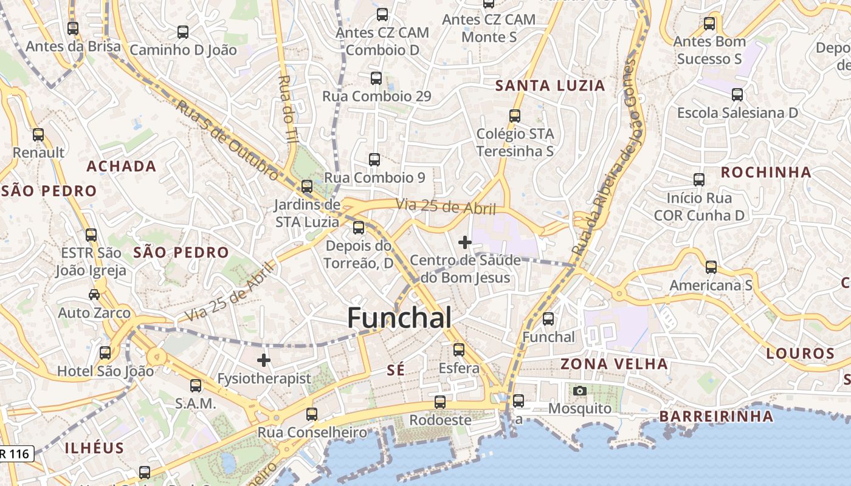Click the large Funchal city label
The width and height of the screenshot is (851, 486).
399,318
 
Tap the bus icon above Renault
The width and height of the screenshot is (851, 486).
38,135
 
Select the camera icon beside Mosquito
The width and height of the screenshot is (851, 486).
580,391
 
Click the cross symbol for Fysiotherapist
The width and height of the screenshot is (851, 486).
263,360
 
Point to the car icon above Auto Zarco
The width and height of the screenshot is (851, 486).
94,295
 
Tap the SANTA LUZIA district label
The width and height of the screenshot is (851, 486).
550,86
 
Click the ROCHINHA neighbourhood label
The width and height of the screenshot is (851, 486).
766,173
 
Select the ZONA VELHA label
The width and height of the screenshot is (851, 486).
614,364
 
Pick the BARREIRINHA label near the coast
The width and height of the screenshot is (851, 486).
716,416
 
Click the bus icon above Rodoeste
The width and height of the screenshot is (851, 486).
439,402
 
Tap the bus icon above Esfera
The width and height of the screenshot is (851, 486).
459,350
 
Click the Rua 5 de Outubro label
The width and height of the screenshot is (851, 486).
228,140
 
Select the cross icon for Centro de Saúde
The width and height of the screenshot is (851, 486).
465,242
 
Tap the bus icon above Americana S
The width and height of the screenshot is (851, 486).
711,267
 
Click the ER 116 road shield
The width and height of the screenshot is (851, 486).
16,453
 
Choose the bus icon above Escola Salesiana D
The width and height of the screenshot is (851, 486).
737,95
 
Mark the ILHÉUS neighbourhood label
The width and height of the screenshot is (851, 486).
94,448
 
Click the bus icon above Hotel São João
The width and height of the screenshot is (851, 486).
105,353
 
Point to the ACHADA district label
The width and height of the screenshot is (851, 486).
122,166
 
